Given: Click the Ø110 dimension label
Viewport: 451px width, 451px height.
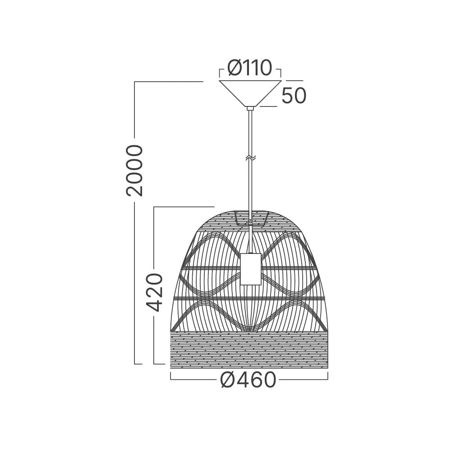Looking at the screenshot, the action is (x=249, y=68).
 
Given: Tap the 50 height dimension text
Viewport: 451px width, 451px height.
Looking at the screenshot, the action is (x=294, y=95).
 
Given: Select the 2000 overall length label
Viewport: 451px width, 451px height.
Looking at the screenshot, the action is (x=134, y=170).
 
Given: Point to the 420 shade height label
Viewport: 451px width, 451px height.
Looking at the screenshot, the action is (x=155, y=293).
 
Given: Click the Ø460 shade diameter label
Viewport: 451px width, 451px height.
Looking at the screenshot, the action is (x=248, y=380).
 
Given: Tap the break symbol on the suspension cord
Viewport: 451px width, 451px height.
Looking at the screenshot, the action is (x=250, y=158).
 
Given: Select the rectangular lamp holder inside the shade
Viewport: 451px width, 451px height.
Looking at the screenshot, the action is (x=250, y=269).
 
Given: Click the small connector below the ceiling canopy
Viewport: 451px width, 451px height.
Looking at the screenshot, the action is (x=250, y=108).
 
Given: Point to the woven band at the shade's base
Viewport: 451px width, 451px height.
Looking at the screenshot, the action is (x=249, y=350).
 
